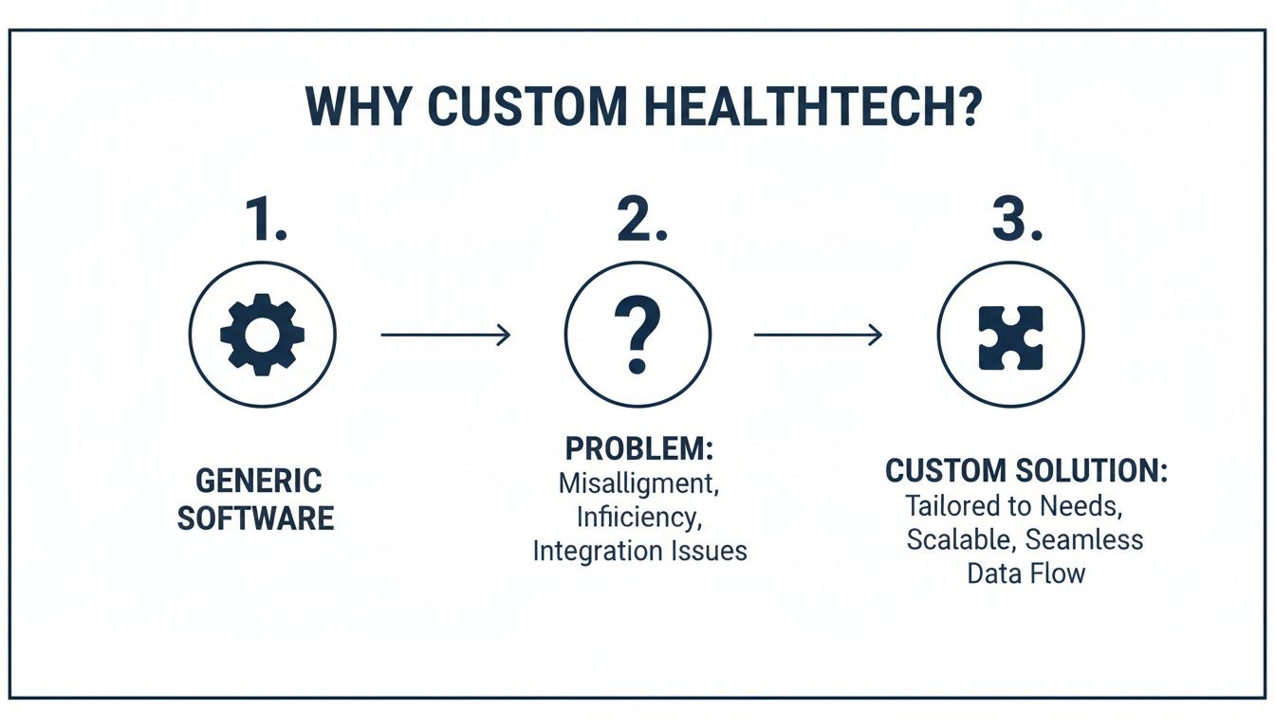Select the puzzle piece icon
click(x=1011, y=336)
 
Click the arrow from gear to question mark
click(x=446, y=334)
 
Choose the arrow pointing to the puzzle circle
click(x=818, y=334)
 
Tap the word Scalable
click(x=958, y=539)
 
